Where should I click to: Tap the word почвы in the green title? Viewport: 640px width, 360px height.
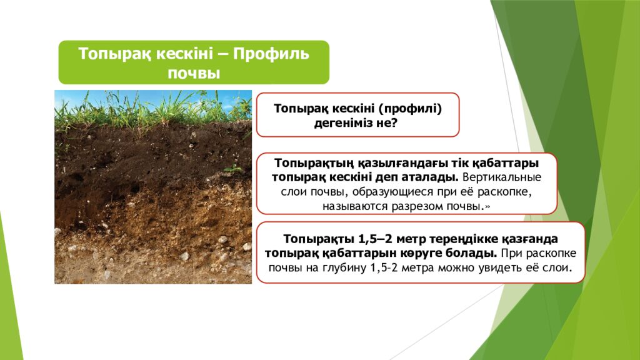tap(194, 72)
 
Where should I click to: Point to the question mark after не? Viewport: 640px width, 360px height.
tap(395, 123)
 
